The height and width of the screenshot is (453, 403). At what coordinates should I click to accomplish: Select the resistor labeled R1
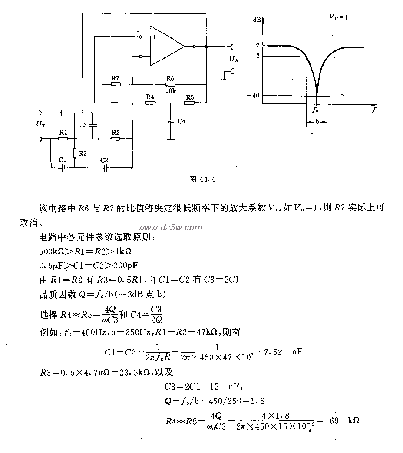[63, 139]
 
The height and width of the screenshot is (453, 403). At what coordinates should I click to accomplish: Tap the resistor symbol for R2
[115, 139]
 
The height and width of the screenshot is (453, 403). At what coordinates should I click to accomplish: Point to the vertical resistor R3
[75, 153]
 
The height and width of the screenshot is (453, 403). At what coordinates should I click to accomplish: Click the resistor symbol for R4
[150, 103]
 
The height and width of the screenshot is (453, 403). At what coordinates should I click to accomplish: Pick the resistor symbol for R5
[189, 103]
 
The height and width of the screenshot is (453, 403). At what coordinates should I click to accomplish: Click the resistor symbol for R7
[116, 84]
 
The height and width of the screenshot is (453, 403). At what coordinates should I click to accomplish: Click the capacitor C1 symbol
[63, 167]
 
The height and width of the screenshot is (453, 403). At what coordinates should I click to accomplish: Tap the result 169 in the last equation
[332, 421]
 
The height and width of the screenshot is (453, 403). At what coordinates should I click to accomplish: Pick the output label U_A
[234, 58]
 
